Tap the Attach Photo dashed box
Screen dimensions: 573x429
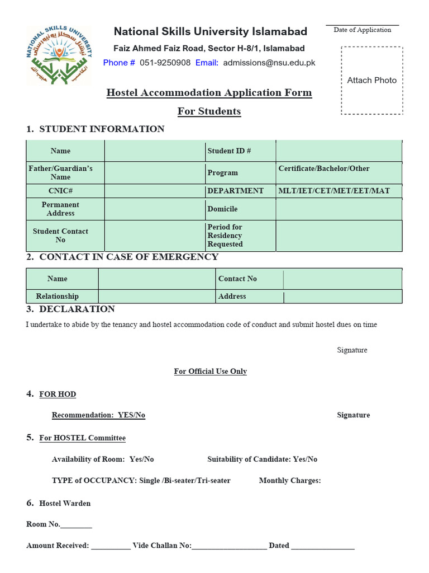tap(371, 81)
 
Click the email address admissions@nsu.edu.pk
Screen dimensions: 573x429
tap(269, 63)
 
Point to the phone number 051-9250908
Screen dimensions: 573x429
tap(165, 63)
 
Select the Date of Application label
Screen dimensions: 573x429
tap(362, 30)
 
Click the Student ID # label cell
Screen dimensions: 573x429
tap(240, 151)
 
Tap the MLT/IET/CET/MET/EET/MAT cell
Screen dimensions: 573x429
tap(339, 191)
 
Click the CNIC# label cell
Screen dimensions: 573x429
tap(60, 191)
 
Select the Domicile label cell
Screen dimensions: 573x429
tap(240, 209)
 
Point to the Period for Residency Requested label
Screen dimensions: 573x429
tap(240, 236)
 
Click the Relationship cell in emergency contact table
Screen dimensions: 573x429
tap(58, 297)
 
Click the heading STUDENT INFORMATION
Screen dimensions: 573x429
tap(102, 129)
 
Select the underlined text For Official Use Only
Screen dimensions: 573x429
tap(210, 372)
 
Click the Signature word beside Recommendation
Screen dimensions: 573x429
tap(353, 415)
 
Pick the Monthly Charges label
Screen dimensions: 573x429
tap(290, 481)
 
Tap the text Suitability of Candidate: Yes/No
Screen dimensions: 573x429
tap(262, 459)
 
